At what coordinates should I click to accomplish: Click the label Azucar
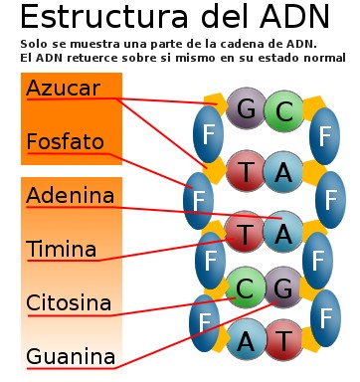click(63, 89)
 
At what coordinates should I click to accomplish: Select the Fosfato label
click(65, 142)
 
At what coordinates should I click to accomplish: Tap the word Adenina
click(71, 195)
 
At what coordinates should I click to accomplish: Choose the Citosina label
click(69, 302)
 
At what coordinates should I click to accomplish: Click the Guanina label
click(71, 356)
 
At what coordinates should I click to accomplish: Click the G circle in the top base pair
click(245, 109)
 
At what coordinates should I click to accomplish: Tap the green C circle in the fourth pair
click(245, 288)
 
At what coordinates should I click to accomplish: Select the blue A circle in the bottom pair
click(245, 341)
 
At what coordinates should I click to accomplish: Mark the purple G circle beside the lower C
click(285, 288)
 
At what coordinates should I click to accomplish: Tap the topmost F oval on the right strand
click(325, 137)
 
